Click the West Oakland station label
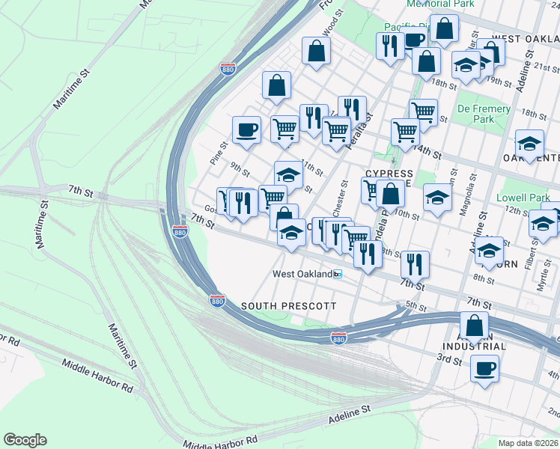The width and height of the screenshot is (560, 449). (302, 275)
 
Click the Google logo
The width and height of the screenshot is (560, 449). (25, 440)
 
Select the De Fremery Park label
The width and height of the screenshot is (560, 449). (484, 114)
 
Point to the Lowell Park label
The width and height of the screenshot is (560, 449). (523, 198)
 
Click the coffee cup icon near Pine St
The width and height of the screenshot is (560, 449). (246, 130)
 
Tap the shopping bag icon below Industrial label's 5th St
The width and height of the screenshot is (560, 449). (474, 325)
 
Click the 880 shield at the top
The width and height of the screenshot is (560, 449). (228, 69)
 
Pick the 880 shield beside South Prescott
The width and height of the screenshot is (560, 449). (217, 300)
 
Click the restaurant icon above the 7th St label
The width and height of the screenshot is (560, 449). (414, 263)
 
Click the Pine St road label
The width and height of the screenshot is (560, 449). (218, 153)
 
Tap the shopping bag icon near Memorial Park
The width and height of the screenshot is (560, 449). (444, 28)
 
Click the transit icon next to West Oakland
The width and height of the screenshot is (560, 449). (338, 275)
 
